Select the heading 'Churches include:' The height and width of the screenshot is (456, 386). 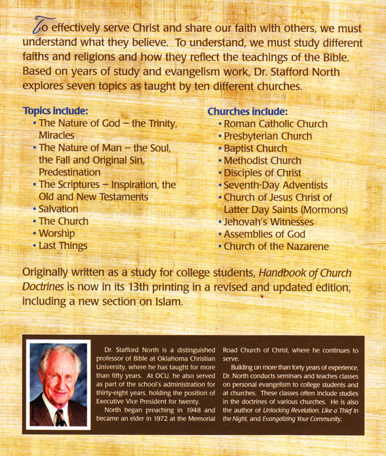248,111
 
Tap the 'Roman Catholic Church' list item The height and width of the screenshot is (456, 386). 276,124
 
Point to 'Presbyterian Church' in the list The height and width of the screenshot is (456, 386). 267,136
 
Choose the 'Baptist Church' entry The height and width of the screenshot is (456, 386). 255,149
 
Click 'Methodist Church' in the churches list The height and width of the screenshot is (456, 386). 262,161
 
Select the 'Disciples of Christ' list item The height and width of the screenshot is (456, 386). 262,173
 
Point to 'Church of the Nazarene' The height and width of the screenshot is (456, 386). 275,247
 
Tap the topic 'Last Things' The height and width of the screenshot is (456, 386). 63,246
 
